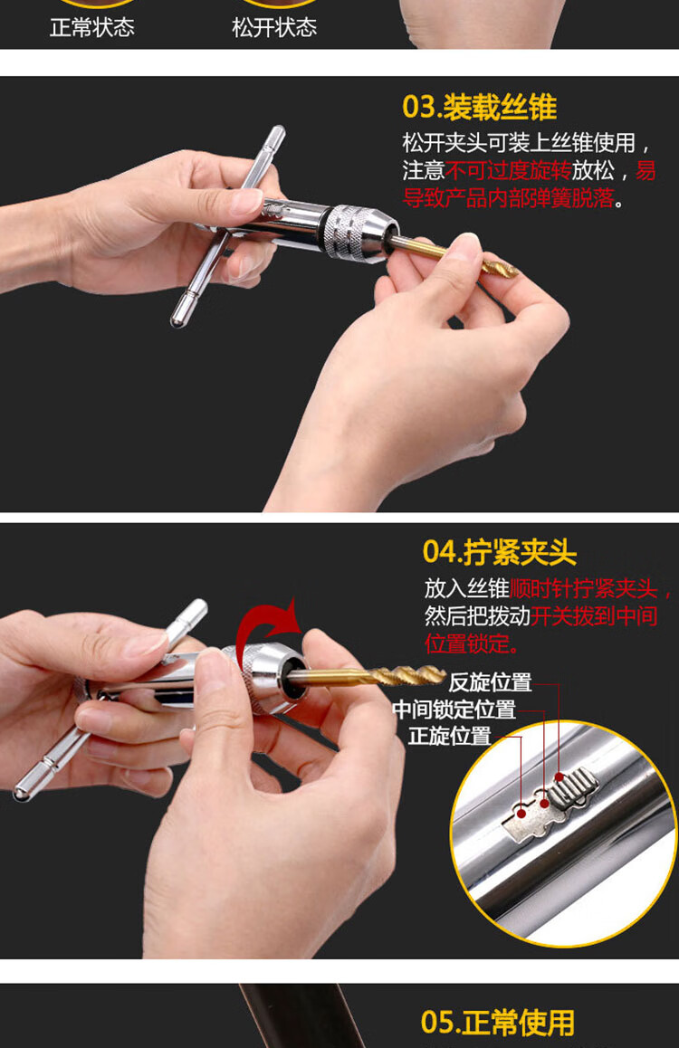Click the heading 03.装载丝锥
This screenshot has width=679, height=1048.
tap(479, 108)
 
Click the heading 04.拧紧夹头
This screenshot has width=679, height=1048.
tap(499, 553)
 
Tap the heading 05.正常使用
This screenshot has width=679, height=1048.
tap(498, 1023)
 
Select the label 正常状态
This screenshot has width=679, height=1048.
tap(92, 27)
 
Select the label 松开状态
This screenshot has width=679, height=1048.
tap(274, 27)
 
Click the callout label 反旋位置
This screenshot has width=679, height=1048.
tap(490, 682)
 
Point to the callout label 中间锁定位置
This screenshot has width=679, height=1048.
tap(454, 710)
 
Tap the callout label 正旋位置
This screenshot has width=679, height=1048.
tap(450, 736)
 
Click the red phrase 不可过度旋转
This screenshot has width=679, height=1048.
tap(508, 170)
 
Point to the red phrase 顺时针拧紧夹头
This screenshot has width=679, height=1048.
tap(583, 589)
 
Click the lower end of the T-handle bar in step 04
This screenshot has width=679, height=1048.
tap(21, 794)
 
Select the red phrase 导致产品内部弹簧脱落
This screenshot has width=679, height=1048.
tap(508, 198)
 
